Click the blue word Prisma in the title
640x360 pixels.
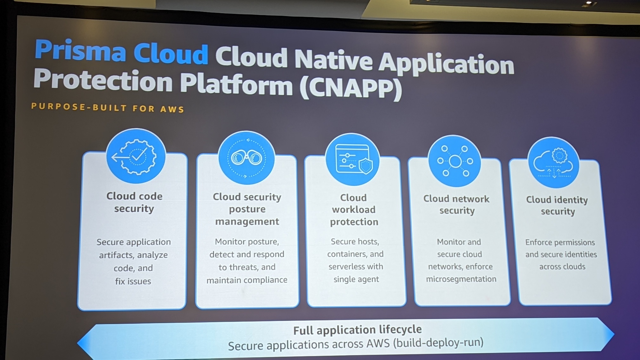81,50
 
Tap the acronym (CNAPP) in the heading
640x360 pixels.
351,88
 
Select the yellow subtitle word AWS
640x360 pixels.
172,109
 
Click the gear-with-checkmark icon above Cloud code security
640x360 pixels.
136,156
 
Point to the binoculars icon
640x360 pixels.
247,158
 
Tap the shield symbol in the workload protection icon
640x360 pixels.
365,166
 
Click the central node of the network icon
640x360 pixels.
455,161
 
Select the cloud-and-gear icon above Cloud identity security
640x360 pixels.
553,163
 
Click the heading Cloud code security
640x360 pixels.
134,202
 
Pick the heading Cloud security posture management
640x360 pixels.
247,209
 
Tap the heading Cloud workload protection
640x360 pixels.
354,210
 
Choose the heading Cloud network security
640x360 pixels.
457,205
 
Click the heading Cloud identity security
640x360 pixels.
557,205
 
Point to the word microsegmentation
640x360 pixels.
461,279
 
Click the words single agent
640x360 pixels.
356,279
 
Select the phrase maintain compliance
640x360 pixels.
247,280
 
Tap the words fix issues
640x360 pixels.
133,281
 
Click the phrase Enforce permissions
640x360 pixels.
560,243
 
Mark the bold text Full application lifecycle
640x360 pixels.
357,330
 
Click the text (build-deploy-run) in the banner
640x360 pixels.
438,343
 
